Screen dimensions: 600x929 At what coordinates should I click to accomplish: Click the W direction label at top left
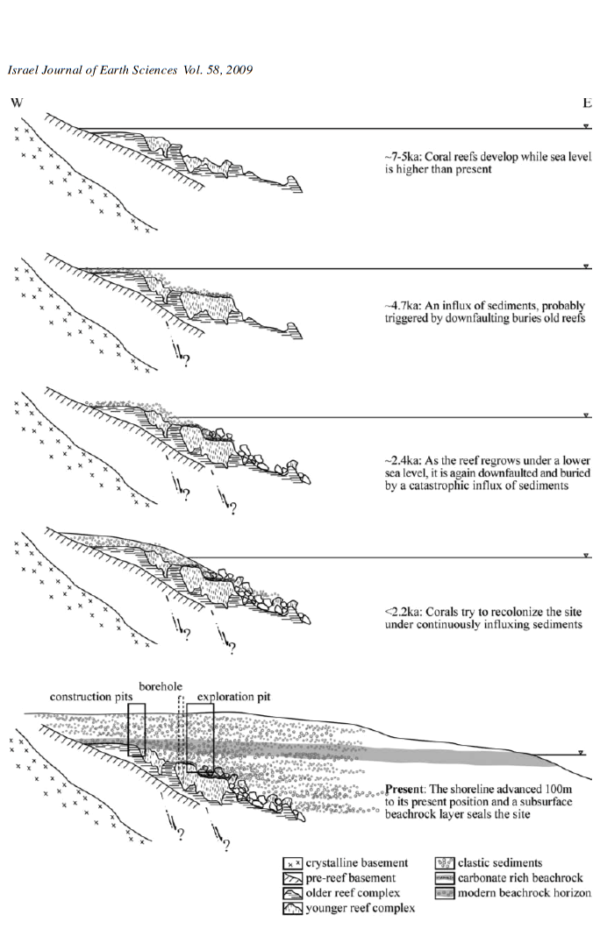point(17,103)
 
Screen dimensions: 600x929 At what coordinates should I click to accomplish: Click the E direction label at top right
point(587,103)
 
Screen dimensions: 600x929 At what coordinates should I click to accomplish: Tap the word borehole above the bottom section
point(161,686)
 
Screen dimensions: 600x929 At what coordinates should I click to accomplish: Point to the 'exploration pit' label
point(233,697)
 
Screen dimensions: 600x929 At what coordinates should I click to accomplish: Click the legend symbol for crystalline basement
point(293,863)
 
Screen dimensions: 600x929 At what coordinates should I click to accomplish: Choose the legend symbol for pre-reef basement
point(293,878)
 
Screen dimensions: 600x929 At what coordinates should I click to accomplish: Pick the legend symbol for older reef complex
point(293,893)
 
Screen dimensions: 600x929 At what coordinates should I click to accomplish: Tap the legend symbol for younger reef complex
point(293,908)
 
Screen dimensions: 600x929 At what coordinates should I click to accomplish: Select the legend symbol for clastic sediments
point(445,863)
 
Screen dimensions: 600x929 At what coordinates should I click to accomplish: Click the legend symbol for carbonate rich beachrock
point(445,878)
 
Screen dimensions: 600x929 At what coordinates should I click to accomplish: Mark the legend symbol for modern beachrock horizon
point(445,893)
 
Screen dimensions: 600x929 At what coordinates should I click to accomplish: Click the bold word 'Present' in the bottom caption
point(404,789)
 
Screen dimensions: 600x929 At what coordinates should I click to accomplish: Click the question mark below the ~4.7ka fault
point(187,360)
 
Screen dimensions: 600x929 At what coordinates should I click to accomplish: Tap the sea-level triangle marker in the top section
point(586,126)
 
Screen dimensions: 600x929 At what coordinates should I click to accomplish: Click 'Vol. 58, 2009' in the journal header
point(218,70)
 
